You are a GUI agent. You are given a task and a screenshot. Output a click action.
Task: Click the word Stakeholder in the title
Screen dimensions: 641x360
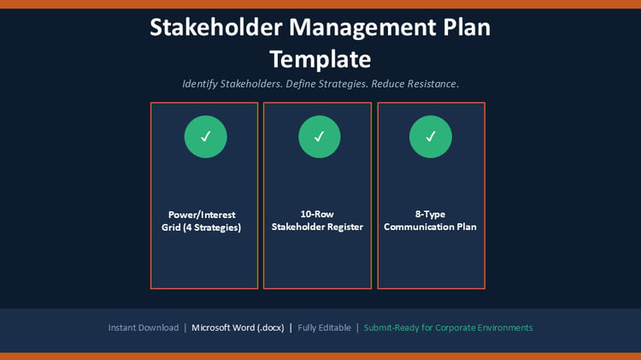pos(216,27)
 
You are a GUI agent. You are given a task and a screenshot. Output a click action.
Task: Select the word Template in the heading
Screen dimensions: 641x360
pos(320,60)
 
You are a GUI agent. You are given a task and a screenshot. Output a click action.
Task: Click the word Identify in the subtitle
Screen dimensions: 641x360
pos(199,85)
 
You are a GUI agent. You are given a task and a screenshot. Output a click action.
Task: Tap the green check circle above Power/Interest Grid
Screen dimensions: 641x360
pos(206,137)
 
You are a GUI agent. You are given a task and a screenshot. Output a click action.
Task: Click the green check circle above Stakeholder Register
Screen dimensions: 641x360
pos(320,137)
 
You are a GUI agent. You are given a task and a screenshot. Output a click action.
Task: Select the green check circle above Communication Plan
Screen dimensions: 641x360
pos(431,137)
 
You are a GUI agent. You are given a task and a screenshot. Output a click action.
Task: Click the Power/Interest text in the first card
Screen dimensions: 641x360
pos(202,215)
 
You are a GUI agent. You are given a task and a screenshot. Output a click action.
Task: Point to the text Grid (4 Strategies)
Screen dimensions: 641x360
pos(201,227)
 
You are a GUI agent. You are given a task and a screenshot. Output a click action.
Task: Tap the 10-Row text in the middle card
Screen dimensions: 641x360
pos(317,214)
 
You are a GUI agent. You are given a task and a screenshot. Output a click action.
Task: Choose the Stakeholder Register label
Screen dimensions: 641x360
pos(317,227)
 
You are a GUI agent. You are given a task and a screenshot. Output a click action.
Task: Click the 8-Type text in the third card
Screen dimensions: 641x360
pos(430,215)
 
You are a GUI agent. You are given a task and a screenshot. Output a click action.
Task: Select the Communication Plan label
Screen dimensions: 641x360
pos(430,227)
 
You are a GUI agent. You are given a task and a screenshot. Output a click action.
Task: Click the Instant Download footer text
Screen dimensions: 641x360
pos(144,328)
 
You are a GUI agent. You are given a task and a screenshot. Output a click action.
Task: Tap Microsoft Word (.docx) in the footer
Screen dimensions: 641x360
pos(238,328)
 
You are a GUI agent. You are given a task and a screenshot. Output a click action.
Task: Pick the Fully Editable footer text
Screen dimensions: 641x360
pos(324,328)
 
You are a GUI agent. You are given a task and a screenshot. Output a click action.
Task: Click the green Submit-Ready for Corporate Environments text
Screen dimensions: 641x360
pos(448,328)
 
